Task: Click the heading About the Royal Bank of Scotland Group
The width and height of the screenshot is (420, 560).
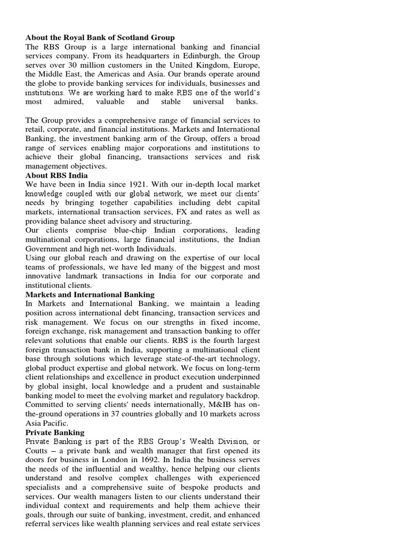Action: [100, 37]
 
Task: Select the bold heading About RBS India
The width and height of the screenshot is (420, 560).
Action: [56, 176]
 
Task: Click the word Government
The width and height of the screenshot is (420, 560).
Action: [47, 249]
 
